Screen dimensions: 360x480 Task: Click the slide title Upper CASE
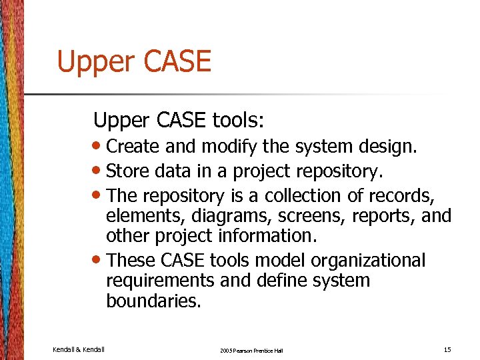(x=134, y=62)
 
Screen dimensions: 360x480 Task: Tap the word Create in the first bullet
(x=131, y=146)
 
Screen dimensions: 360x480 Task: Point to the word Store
(x=127, y=171)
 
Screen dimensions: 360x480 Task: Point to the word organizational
(x=363, y=259)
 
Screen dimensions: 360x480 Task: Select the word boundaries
(x=152, y=301)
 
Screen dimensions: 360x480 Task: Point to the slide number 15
(x=447, y=349)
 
